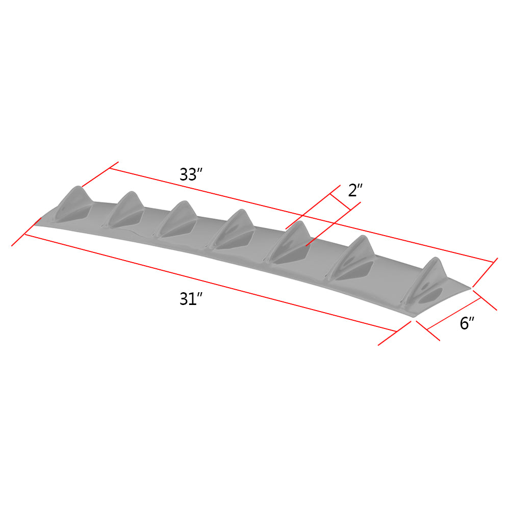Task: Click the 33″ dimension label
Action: (x=191, y=174)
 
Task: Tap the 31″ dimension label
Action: (x=191, y=299)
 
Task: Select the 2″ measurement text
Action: (x=355, y=191)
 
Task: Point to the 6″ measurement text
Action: (x=467, y=323)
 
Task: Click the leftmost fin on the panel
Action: (x=74, y=204)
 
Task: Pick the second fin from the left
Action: (x=125, y=210)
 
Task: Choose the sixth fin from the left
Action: (x=352, y=258)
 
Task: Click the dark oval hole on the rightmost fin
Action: (x=432, y=296)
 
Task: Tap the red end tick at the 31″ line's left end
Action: (x=25, y=233)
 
